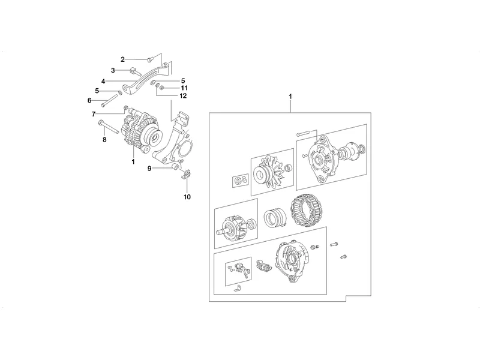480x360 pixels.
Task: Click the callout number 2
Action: click(x=122, y=59)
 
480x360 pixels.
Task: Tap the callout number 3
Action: click(x=113, y=70)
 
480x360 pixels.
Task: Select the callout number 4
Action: click(x=103, y=82)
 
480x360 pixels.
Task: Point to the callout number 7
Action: click(x=94, y=114)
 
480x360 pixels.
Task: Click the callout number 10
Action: click(x=187, y=197)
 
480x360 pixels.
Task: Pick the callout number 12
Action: click(x=183, y=96)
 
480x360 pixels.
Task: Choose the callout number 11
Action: click(x=184, y=88)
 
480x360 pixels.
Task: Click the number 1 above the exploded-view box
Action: click(x=290, y=97)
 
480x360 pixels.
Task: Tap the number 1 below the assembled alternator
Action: click(x=133, y=161)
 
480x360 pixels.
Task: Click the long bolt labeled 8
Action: click(x=109, y=128)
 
